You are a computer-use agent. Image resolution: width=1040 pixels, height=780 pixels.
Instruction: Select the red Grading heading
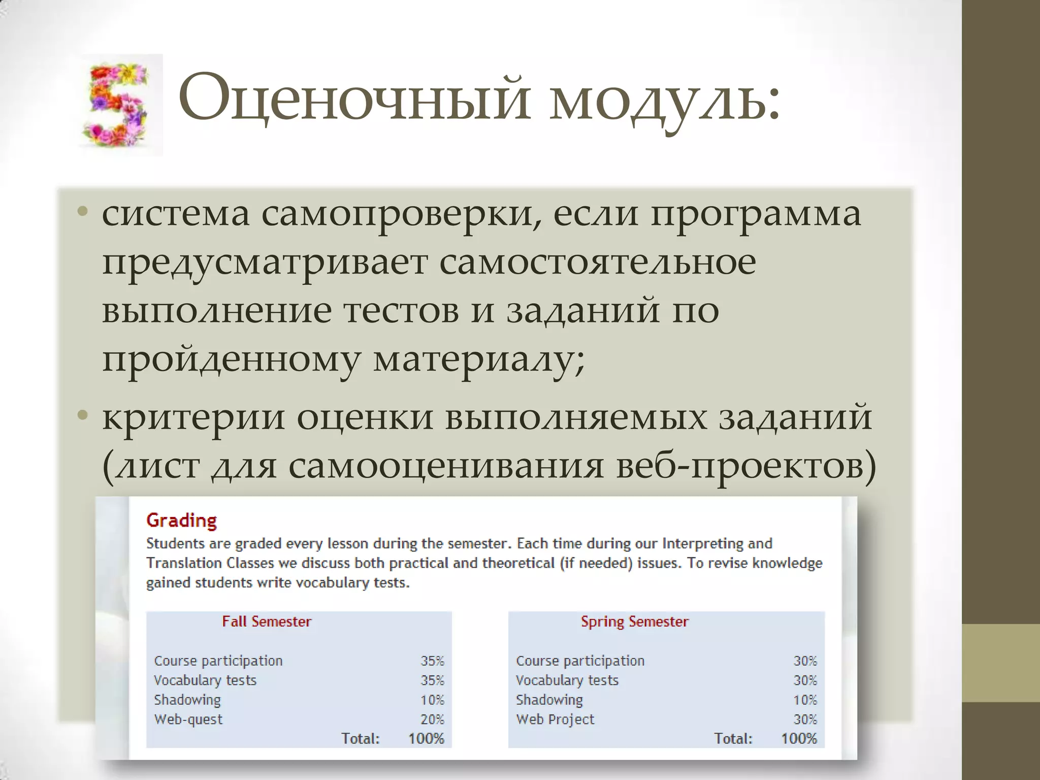(x=181, y=521)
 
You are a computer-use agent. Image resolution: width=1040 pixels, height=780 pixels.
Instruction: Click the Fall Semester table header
(x=267, y=622)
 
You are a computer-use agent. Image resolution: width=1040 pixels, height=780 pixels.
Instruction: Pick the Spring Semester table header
(x=634, y=622)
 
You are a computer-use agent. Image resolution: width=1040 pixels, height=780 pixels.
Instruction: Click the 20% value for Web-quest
(x=432, y=719)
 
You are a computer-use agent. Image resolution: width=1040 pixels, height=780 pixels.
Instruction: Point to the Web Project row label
(x=555, y=719)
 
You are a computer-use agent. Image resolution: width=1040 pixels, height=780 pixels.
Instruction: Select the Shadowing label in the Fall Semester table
(x=187, y=700)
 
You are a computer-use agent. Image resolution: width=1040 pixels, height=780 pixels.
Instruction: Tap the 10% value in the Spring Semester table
(x=805, y=700)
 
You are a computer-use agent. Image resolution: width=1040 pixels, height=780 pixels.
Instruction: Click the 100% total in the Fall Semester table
(x=426, y=738)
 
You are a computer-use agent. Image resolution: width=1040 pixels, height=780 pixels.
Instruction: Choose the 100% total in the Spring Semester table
(x=799, y=738)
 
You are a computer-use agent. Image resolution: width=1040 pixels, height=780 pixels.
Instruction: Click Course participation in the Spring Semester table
(x=580, y=661)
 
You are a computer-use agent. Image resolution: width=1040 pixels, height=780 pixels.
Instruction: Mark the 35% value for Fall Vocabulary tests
(x=432, y=680)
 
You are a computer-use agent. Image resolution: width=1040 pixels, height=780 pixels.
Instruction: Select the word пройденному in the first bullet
(x=231, y=361)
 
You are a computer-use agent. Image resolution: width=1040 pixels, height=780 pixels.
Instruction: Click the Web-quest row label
(x=188, y=719)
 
